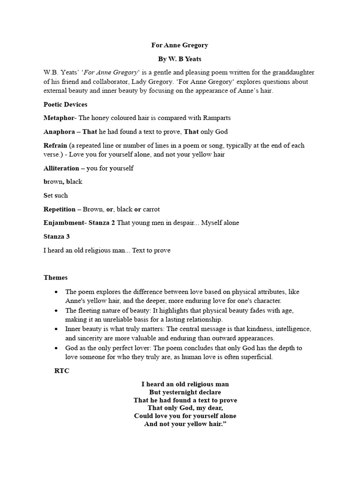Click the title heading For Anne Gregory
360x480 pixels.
click(180, 45)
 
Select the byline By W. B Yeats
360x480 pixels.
click(180, 60)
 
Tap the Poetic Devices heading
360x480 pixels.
click(65, 105)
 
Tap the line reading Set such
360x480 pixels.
click(55, 195)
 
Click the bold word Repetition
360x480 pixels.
click(60, 209)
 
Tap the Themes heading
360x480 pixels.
click(56, 277)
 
